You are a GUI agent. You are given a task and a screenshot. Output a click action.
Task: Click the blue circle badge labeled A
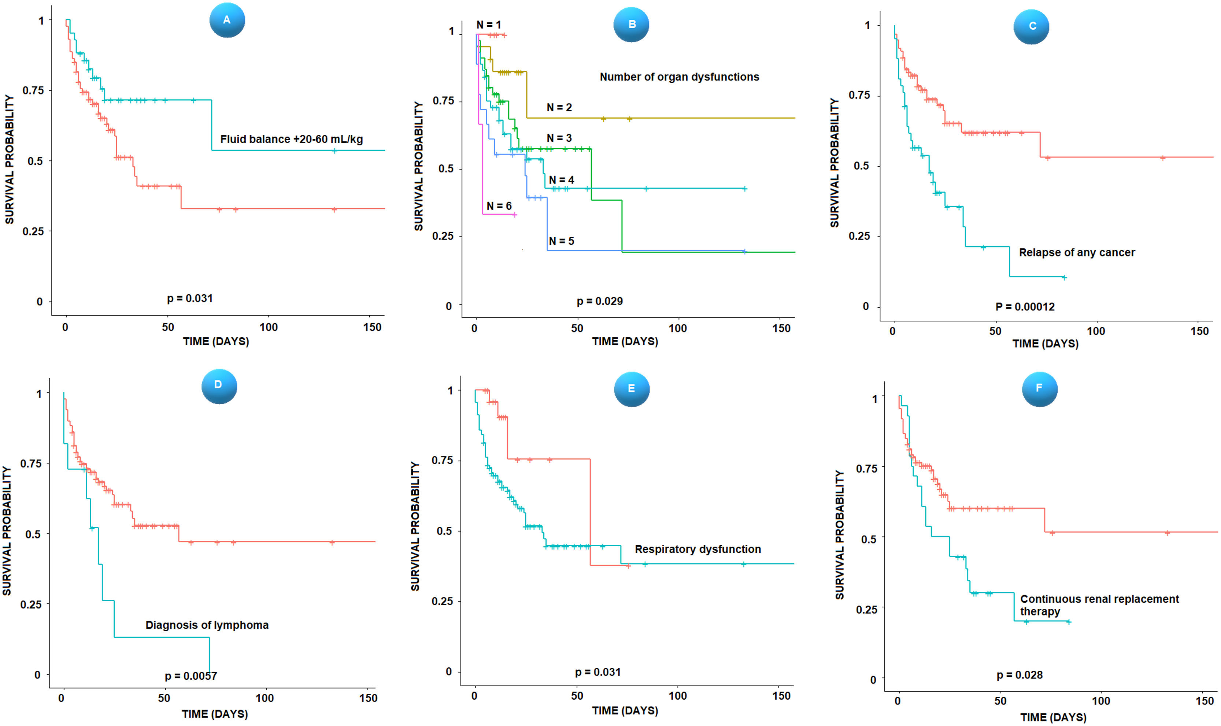point(227,20)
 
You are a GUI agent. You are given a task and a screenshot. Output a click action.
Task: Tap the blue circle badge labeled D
point(219,386)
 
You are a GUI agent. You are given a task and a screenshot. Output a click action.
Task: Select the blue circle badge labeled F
point(1039,388)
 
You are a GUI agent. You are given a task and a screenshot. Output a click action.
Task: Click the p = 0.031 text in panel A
point(190,298)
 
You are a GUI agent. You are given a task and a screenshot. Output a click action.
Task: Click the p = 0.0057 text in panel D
point(191,676)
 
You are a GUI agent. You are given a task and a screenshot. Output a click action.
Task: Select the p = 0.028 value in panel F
point(1020,675)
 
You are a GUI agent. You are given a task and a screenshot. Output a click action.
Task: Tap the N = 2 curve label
point(559,108)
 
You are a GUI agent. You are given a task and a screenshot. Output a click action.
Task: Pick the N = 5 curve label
point(561,241)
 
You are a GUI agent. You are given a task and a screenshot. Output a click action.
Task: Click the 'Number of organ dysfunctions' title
point(679,77)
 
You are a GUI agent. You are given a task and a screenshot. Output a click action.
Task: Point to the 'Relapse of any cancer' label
point(1077,253)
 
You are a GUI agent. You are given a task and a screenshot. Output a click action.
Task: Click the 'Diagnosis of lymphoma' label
point(207,625)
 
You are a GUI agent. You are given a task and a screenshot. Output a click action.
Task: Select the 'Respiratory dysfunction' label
point(698,550)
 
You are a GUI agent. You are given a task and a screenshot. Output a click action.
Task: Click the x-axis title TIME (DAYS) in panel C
point(1045,344)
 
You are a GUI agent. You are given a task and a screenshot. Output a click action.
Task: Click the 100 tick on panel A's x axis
point(268,327)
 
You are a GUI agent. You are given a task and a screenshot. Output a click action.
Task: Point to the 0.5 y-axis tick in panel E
point(444,531)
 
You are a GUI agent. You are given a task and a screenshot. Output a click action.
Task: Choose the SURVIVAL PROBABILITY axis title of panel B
point(418,166)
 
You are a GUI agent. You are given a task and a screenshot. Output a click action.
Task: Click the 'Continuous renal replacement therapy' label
point(1099,605)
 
